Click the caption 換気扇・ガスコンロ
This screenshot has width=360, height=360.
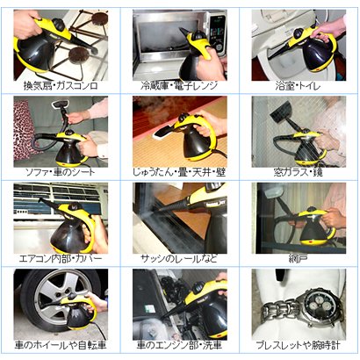(x=61, y=86)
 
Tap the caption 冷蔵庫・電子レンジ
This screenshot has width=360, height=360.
(x=179, y=86)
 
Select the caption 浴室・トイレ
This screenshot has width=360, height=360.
(x=298, y=86)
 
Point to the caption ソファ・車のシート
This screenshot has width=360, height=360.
(x=61, y=172)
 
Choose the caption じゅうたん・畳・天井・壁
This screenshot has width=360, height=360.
(x=179, y=172)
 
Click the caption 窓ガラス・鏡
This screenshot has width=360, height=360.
(x=299, y=172)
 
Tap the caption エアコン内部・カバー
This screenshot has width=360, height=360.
(x=61, y=258)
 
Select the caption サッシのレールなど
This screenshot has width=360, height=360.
(x=179, y=258)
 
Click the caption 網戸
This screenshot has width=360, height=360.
(x=298, y=258)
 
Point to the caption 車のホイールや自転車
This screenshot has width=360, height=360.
(x=61, y=345)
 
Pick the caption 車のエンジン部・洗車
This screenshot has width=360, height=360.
(x=179, y=345)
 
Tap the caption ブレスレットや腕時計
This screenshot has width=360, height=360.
(x=299, y=345)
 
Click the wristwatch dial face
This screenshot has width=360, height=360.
(x=320, y=306)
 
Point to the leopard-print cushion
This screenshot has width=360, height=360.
(x=24, y=129)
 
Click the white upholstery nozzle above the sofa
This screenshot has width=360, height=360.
(x=60, y=104)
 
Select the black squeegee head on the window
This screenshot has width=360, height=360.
(x=281, y=112)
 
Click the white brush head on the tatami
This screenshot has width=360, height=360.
(x=164, y=133)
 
